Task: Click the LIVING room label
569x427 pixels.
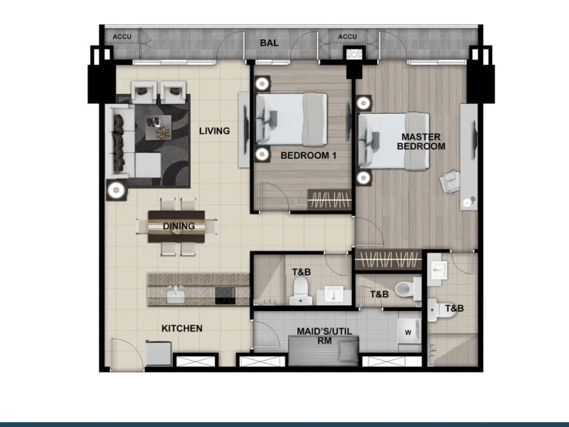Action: coord(214,131)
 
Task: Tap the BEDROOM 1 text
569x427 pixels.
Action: coord(308,155)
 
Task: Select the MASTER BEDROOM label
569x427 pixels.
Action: coord(421,142)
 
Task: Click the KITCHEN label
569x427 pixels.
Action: coord(182,329)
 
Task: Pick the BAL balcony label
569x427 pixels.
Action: coord(269,43)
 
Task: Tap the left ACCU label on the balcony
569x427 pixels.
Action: coord(122,36)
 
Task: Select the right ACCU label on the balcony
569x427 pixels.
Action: coord(347,36)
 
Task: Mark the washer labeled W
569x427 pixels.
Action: coord(408,331)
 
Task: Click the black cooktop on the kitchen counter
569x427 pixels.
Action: coord(226,295)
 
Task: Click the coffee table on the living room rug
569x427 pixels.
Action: coord(159,130)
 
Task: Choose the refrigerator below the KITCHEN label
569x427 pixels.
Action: coord(157,352)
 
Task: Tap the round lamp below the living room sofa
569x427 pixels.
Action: coord(115,190)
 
